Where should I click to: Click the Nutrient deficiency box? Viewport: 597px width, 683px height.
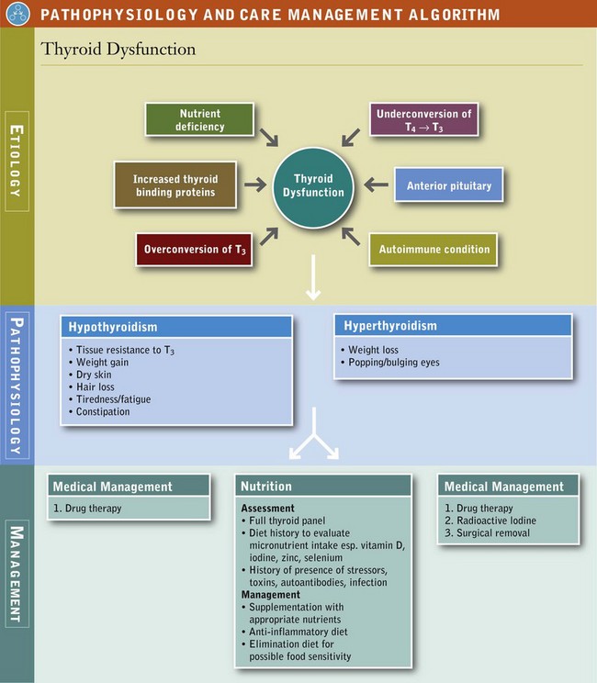click(x=199, y=120)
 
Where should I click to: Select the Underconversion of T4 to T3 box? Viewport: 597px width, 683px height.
click(x=424, y=120)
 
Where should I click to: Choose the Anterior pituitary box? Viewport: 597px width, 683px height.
click(x=448, y=185)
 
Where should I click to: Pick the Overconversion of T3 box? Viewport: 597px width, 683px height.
click(x=193, y=250)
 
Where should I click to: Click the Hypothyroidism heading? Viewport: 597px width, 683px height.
click(x=110, y=327)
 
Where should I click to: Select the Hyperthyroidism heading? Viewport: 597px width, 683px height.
click(x=390, y=326)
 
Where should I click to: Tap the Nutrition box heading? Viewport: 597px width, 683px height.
click(x=266, y=487)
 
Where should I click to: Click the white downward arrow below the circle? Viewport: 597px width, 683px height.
click(x=313, y=280)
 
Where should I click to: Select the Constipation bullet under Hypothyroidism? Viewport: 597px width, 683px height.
click(x=104, y=412)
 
